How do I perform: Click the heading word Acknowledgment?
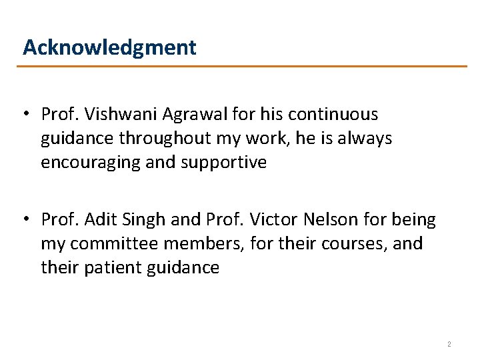(x=109, y=47)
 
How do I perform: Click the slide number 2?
(x=449, y=344)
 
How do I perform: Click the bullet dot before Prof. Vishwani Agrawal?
(x=25, y=115)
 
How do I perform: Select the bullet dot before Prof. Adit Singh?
(x=25, y=219)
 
